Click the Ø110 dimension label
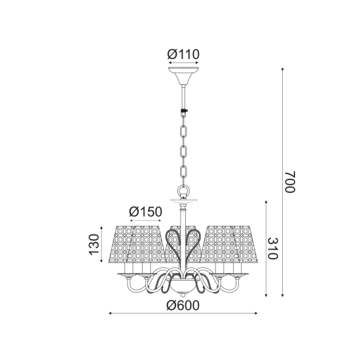tap(183, 54)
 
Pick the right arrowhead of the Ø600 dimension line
tap(256, 312)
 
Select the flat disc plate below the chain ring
tap(183, 199)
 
